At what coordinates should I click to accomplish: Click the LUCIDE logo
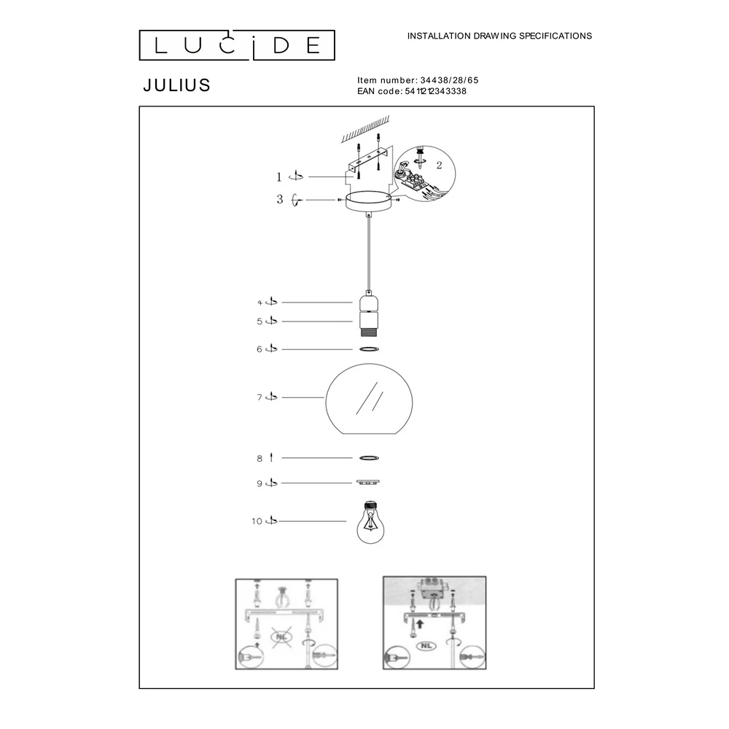[x=237, y=45]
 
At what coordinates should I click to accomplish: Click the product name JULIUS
[x=176, y=85]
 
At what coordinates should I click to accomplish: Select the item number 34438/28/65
[x=449, y=80]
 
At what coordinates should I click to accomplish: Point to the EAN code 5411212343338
[x=436, y=91]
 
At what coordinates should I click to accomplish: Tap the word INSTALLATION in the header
[x=439, y=36]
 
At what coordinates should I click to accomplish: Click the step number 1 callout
[x=279, y=176]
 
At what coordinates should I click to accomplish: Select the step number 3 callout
[x=279, y=200]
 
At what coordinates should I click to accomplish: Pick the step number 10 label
[x=257, y=521]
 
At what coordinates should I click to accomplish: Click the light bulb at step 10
[x=370, y=522]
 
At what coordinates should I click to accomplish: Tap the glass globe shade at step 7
[x=369, y=399]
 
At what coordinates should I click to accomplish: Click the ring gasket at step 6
[x=369, y=348]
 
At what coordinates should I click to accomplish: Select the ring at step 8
[x=369, y=458]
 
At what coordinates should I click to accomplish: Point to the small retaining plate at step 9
[x=367, y=483]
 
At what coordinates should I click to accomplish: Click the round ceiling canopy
[x=369, y=201]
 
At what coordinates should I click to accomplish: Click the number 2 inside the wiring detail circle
[x=439, y=165]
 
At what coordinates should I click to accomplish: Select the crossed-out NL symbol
[x=281, y=636]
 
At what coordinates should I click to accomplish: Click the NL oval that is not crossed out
[x=426, y=646]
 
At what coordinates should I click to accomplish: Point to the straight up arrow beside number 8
[x=271, y=458]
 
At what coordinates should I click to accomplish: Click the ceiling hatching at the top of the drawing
[x=365, y=130]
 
